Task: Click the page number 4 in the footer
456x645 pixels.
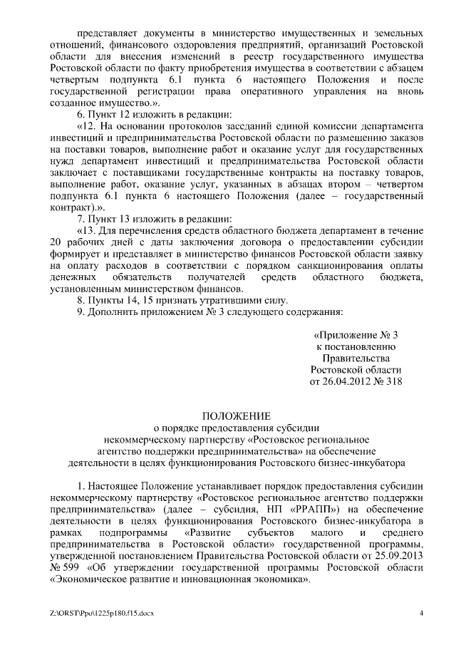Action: point(422,613)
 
